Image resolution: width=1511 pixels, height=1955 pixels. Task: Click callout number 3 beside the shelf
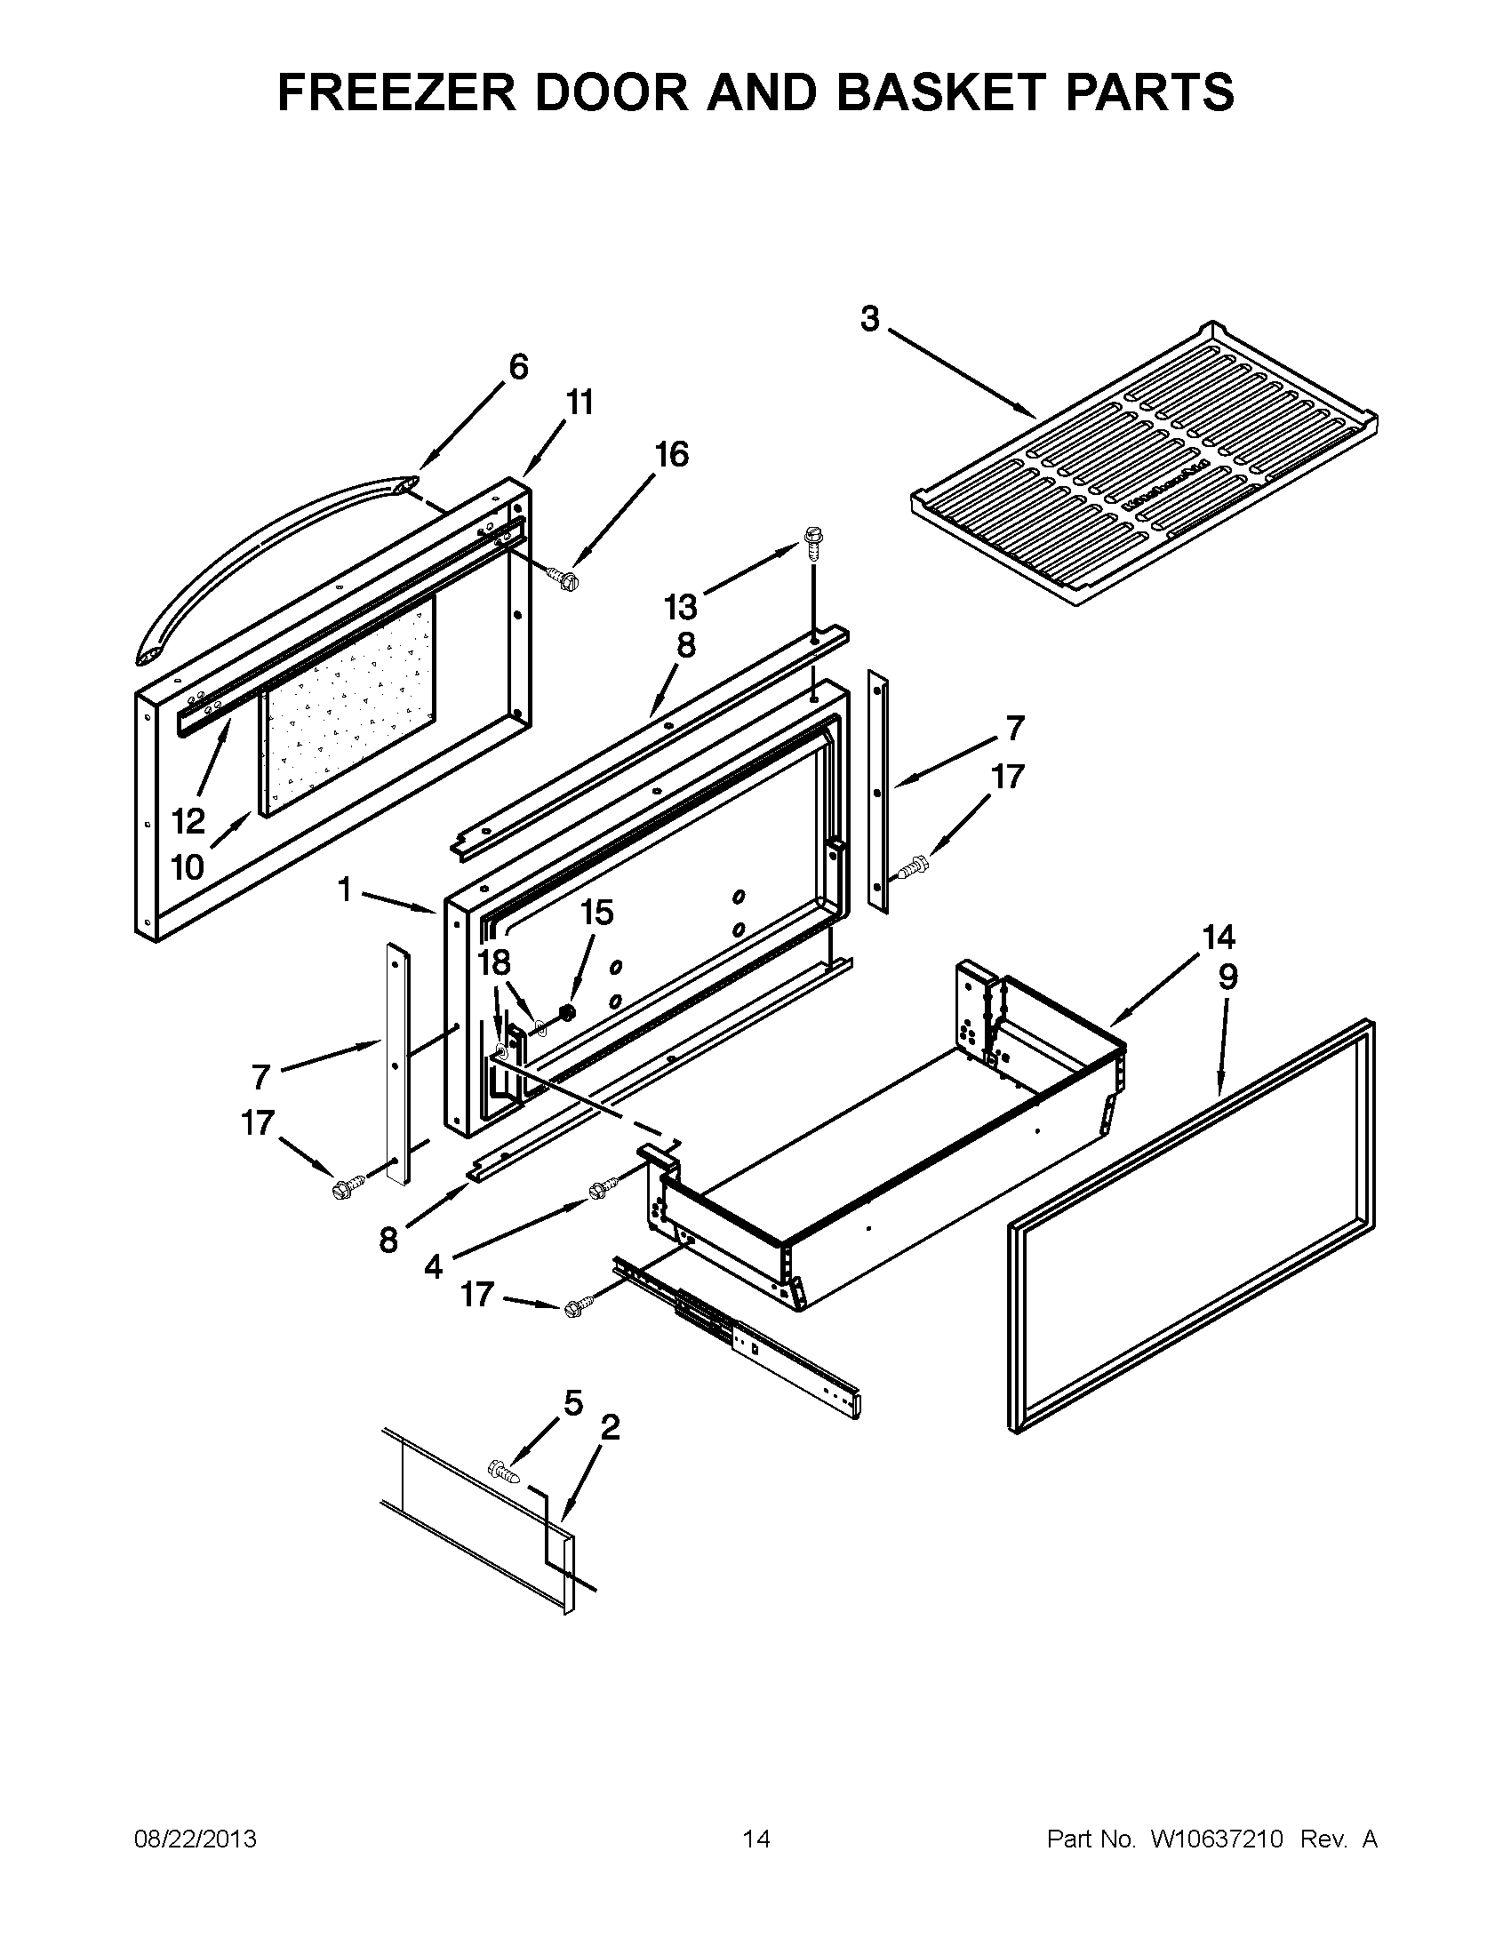870,319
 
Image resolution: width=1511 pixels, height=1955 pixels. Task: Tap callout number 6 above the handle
518,367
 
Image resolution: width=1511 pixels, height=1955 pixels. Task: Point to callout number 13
681,607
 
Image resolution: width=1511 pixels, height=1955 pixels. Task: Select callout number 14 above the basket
1219,938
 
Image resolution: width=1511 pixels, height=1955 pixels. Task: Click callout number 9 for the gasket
1227,977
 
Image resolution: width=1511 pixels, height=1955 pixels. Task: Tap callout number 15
597,912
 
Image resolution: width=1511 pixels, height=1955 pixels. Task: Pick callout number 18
493,963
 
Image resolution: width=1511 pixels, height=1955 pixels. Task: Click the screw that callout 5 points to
505,1471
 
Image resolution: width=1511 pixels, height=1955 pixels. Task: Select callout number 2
609,1427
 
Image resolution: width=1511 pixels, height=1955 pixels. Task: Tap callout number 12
188,820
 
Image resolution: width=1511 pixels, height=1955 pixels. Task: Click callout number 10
188,866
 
